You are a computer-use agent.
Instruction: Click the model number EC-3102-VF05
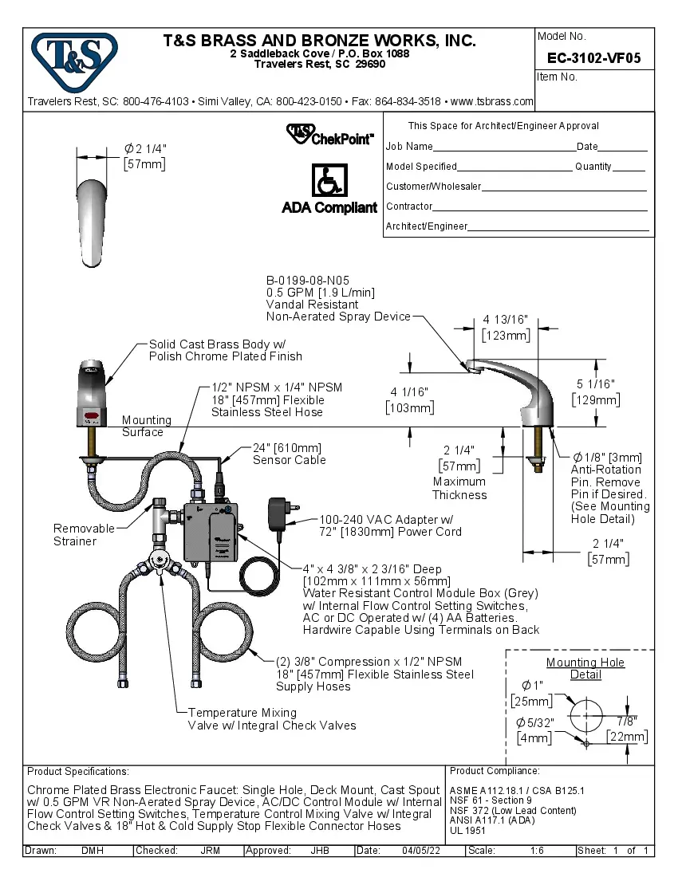click(x=593, y=58)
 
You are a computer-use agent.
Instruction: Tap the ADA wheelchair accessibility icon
click(x=328, y=182)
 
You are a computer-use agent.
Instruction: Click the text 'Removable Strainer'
click(x=75, y=535)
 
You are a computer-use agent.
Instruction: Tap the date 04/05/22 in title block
click(x=421, y=851)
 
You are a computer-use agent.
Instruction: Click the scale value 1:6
click(x=537, y=851)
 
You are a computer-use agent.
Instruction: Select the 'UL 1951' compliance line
click(x=467, y=830)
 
